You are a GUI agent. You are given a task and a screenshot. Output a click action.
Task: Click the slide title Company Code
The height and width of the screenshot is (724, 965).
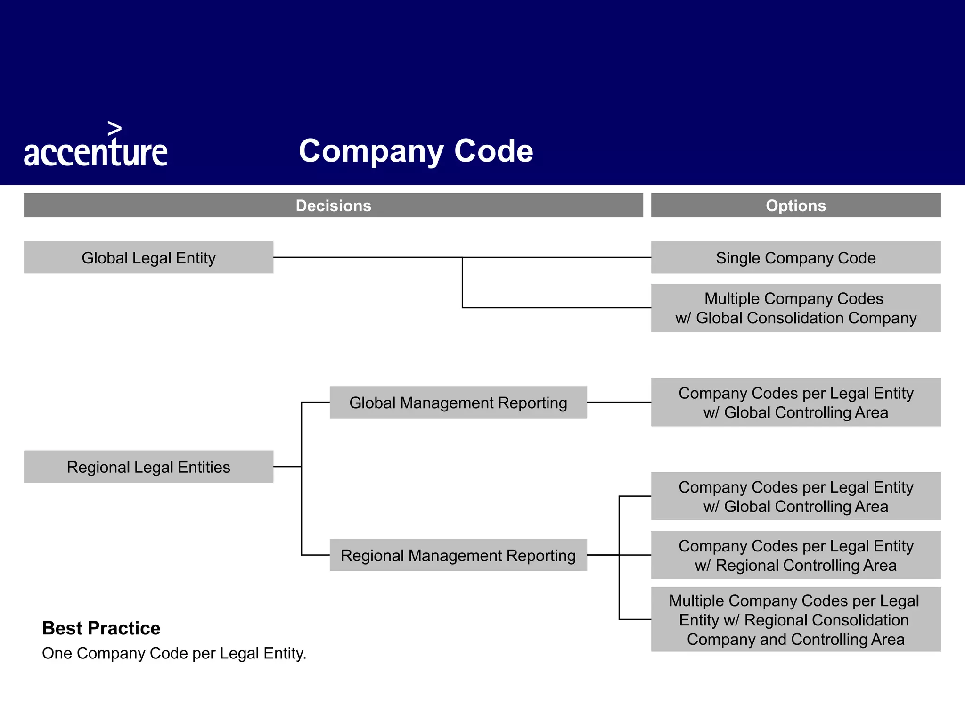[x=416, y=151]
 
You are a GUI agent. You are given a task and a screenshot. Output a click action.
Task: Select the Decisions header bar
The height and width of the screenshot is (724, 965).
[x=333, y=206]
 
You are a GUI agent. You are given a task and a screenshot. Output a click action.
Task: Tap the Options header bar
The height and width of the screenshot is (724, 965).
[x=795, y=206]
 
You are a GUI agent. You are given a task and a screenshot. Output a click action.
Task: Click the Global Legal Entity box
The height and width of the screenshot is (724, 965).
[x=148, y=258]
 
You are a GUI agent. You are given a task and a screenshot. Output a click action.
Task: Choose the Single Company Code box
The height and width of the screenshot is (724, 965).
[x=795, y=258]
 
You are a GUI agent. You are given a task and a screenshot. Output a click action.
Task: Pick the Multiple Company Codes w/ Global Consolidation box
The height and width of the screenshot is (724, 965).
[x=795, y=308]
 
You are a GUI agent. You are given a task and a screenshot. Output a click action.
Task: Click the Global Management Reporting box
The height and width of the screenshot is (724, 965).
[x=458, y=403]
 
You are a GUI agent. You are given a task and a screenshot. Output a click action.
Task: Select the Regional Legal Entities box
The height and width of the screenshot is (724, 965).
[x=148, y=467]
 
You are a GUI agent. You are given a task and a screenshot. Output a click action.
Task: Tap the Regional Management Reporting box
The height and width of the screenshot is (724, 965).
[x=458, y=555]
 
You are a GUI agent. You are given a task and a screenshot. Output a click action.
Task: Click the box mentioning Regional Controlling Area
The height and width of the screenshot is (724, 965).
[x=795, y=555]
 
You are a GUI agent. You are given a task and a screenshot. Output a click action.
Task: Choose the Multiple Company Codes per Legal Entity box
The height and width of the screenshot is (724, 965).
[x=795, y=619]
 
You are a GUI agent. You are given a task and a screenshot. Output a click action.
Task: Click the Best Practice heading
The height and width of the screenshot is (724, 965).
[x=101, y=628]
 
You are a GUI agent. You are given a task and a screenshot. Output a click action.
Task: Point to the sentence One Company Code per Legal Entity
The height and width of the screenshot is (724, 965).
[x=174, y=653]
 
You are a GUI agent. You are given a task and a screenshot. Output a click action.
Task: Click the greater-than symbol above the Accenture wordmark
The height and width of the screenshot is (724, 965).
[x=114, y=128]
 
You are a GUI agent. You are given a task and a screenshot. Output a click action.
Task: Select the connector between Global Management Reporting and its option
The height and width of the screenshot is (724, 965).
[x=619, y=402]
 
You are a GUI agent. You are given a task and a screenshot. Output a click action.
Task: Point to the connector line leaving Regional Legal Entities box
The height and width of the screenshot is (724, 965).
[x=287, y=467]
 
